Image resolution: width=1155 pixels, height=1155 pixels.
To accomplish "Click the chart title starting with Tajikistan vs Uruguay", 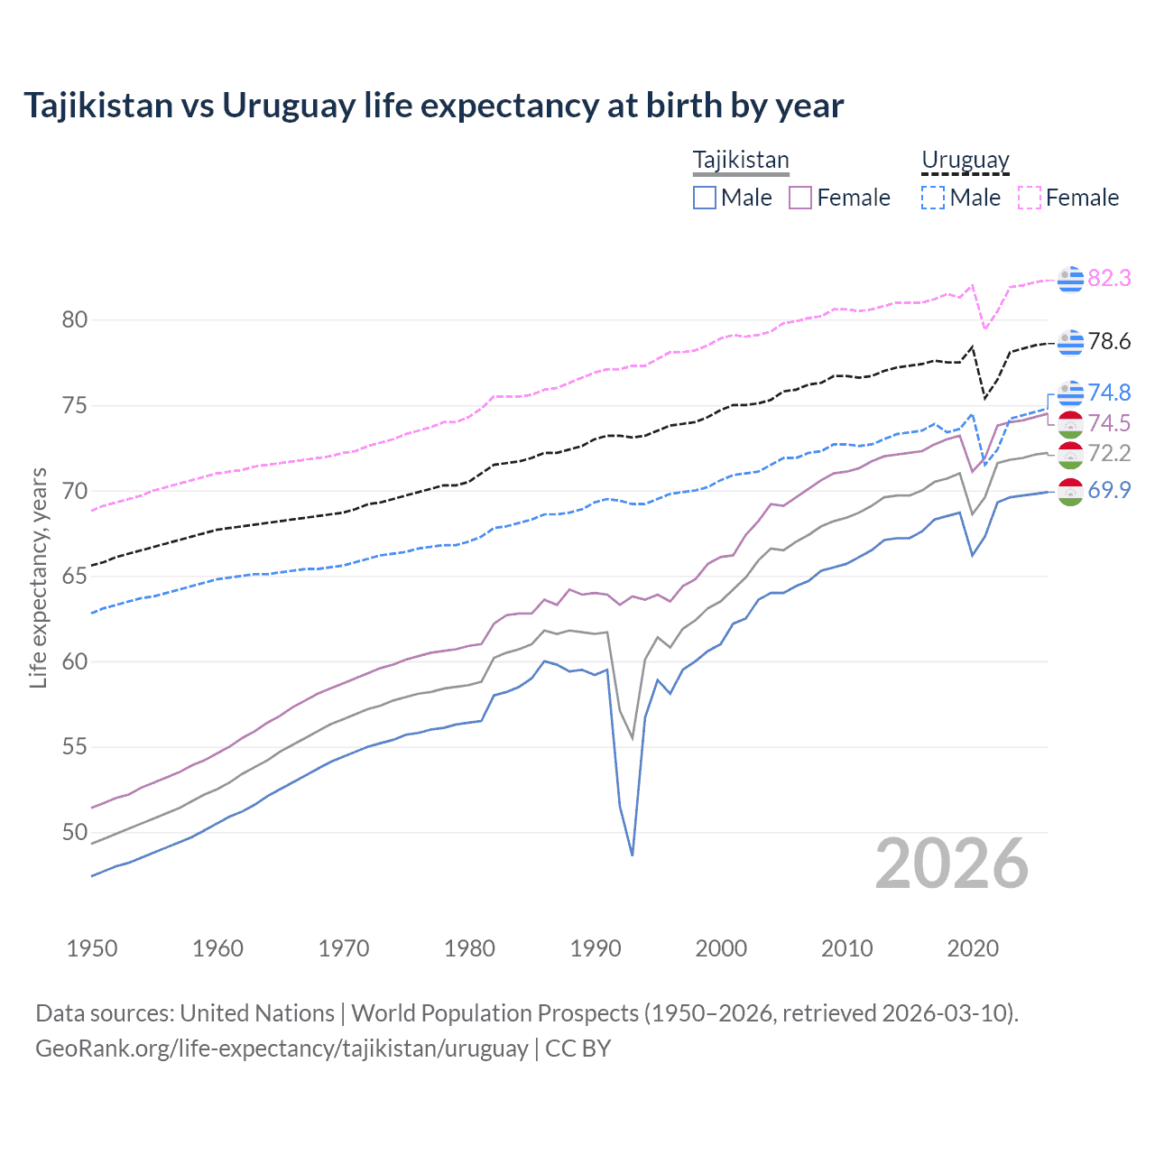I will [x=433, y=106].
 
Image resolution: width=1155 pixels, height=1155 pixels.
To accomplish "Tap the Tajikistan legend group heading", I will [x=741, y=161].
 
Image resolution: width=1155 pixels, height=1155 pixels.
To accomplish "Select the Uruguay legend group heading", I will [x=965, y=161].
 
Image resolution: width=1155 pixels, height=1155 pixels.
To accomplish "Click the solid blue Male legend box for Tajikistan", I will [x=705, y=198].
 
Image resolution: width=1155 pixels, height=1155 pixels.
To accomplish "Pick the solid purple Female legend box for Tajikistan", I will [x=800, y=198].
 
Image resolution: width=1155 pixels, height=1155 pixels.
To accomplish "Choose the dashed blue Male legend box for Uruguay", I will [x=933, y=198].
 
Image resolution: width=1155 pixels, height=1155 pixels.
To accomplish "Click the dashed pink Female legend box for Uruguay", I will [x=1030, y=198].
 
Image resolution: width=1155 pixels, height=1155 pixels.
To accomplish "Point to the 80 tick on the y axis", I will [x=75, y=319].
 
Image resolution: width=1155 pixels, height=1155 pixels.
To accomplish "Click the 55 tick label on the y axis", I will [x=75, y=747].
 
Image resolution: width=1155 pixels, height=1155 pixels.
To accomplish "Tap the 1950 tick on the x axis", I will [x=92, y=948].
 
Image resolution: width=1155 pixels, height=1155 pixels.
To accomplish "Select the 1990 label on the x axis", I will [x=596, y=948].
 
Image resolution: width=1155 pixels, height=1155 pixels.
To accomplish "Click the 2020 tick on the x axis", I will [x=973, y=948].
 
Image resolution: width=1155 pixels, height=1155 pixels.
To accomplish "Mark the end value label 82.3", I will [x=1109, y=279].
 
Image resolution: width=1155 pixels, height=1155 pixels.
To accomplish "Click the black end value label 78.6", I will [x=1109, y=342].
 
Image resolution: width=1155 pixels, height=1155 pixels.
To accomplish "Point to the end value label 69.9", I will [x=1109, y=491].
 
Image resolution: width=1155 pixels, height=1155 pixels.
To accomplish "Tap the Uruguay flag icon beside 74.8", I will [x=1070, y=393].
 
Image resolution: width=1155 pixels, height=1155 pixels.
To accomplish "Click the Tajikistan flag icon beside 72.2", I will [x=1070, y=455].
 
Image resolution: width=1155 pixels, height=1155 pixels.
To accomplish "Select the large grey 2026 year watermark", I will [x=951, y=864].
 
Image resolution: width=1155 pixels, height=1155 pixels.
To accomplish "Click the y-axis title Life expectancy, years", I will [x=39, y=577].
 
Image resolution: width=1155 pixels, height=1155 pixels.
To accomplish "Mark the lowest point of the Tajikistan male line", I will [x=633, y=855].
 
